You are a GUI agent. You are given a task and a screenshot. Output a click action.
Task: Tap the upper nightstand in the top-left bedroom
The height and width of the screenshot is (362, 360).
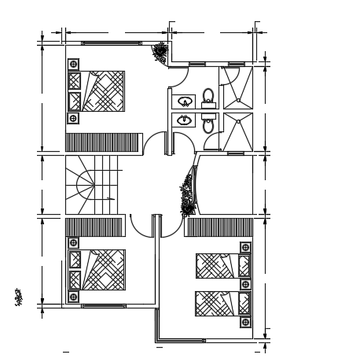73,64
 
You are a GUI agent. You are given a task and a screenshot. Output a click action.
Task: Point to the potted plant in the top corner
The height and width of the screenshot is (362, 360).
160,53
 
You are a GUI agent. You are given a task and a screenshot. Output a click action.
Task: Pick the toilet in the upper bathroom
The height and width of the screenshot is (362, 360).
208,98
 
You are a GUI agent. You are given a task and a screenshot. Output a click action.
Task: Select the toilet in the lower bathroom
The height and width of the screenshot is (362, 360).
208,124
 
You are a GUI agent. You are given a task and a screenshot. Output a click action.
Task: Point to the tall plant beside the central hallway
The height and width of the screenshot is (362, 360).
188,194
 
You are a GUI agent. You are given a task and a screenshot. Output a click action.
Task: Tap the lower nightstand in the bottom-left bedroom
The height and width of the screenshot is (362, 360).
73,297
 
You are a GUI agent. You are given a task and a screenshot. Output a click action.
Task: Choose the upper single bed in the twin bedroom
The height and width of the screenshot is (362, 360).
215,265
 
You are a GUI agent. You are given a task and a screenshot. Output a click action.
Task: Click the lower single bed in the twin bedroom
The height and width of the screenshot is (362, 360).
215,303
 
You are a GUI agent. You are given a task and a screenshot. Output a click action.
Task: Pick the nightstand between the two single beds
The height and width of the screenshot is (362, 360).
245,284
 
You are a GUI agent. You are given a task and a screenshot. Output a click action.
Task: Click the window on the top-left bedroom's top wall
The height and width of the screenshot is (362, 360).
102,43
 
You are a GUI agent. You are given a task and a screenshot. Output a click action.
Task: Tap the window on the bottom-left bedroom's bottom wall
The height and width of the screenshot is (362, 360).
102,305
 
